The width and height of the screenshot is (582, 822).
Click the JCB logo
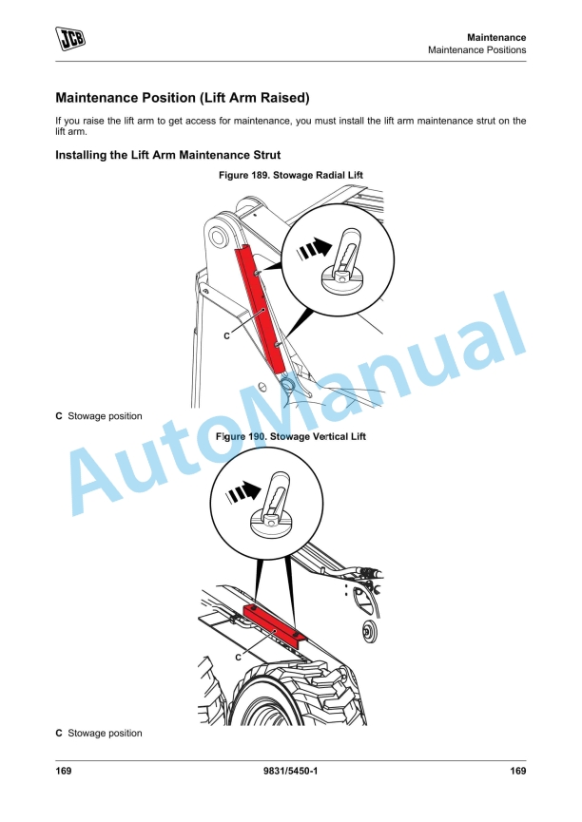70,38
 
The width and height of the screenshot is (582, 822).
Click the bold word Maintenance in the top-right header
495,37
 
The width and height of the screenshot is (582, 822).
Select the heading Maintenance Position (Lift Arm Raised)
182,98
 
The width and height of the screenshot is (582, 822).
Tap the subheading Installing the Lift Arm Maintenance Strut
168,155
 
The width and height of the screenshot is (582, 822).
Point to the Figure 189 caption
291,175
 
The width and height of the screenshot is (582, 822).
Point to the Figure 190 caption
291,436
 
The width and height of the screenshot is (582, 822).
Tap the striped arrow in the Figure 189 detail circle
315,247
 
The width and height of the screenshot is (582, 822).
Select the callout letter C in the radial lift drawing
226,336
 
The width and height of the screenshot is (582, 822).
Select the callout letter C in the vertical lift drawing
238,658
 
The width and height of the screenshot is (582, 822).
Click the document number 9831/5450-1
290,771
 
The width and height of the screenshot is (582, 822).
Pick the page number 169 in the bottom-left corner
64,771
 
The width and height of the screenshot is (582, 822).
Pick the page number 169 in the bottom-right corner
518,771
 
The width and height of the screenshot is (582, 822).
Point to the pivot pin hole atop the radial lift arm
217,237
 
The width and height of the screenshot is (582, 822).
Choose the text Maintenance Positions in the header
477,50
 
